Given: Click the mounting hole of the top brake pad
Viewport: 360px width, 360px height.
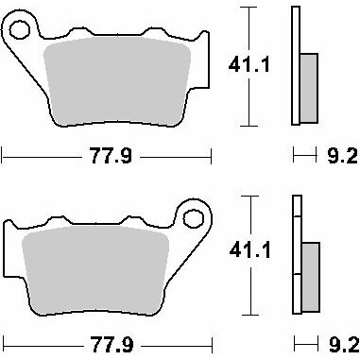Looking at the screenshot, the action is pos(20,30).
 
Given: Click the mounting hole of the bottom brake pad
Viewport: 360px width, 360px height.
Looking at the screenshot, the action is pos(193,218).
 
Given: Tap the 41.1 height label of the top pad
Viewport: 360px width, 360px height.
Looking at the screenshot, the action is pos(249,65).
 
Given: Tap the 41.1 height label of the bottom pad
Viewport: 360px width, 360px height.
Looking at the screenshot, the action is pos(250,250).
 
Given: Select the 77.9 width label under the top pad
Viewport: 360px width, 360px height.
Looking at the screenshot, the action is pos(111,156).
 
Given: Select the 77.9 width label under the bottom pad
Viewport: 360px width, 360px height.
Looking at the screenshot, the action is pos(111,344).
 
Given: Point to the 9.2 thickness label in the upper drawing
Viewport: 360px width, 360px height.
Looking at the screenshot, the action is pos(342,156).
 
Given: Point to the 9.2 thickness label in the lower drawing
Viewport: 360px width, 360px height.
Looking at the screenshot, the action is pos(344,345).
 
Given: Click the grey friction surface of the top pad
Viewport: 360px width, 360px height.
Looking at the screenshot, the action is pos(116,81).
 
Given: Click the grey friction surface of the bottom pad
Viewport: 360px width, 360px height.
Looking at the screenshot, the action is pos(95,270).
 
